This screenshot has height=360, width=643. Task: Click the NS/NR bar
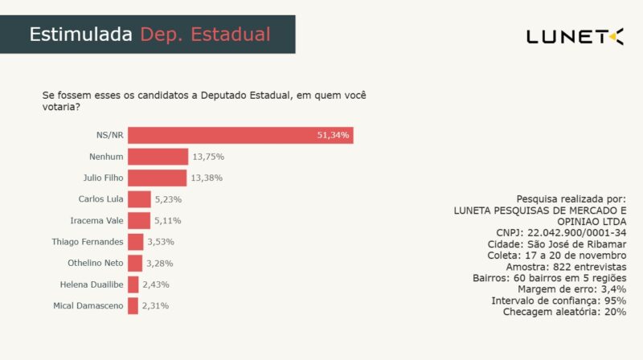click(240, 135)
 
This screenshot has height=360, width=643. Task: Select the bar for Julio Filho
click(158, 178)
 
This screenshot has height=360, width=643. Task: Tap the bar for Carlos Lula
click(139, 199)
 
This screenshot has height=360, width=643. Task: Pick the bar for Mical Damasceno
click(133, 305)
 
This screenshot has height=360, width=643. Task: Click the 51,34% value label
click(333, 135)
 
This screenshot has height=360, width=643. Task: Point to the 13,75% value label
click(207, 157)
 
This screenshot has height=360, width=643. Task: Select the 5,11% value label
click(167, 220)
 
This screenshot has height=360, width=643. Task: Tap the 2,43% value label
click(155, 284)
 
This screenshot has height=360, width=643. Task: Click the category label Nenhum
click(106, 157)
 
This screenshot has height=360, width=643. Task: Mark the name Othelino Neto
click(95, 263)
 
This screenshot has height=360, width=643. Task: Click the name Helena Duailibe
click(92, 284)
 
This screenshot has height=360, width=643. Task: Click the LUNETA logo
click(574, 36)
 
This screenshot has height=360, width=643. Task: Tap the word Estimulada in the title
click(81, 35)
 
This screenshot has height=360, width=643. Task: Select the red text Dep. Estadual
click(205, 35)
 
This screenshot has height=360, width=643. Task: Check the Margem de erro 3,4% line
click(572, 288)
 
